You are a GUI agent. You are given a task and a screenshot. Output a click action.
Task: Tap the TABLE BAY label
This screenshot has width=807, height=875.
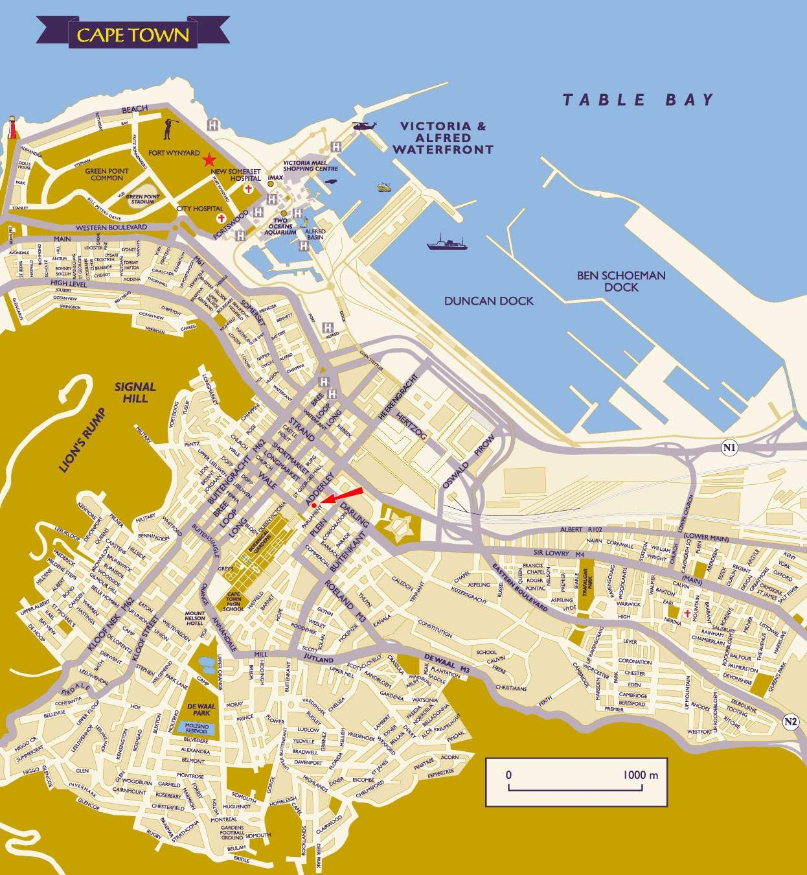click(x=637, y=100)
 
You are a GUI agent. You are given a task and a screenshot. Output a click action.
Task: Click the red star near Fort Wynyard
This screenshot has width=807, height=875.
click(x=209, y=159)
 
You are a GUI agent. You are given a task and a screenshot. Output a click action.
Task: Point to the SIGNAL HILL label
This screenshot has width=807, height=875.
click(x=135, y=391)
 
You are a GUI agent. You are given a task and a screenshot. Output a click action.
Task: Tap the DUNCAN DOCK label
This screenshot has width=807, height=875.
click(x=488, y=301)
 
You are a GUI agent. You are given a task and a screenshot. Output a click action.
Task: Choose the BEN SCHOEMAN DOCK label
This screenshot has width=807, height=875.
click(x=620, y=281)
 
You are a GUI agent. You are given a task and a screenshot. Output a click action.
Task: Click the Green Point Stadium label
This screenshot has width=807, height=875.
click(x=140, y=199)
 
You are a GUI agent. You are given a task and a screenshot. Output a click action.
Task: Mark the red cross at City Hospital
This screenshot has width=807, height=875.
click(x=222, y=218)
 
